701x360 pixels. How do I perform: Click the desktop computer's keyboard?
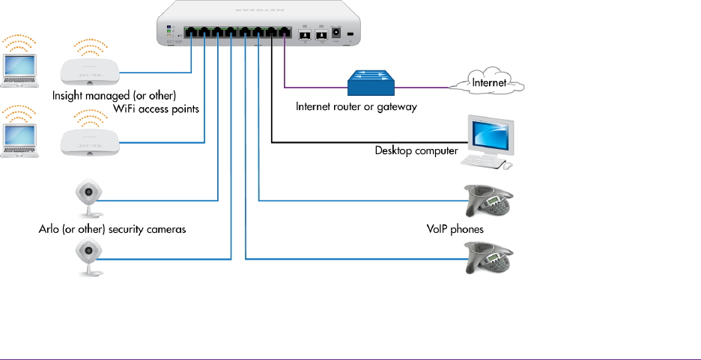483,162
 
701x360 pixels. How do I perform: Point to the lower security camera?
88,255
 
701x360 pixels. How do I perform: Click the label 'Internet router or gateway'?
356,107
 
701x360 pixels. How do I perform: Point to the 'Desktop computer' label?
416,150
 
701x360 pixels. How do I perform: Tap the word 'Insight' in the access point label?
69,96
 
